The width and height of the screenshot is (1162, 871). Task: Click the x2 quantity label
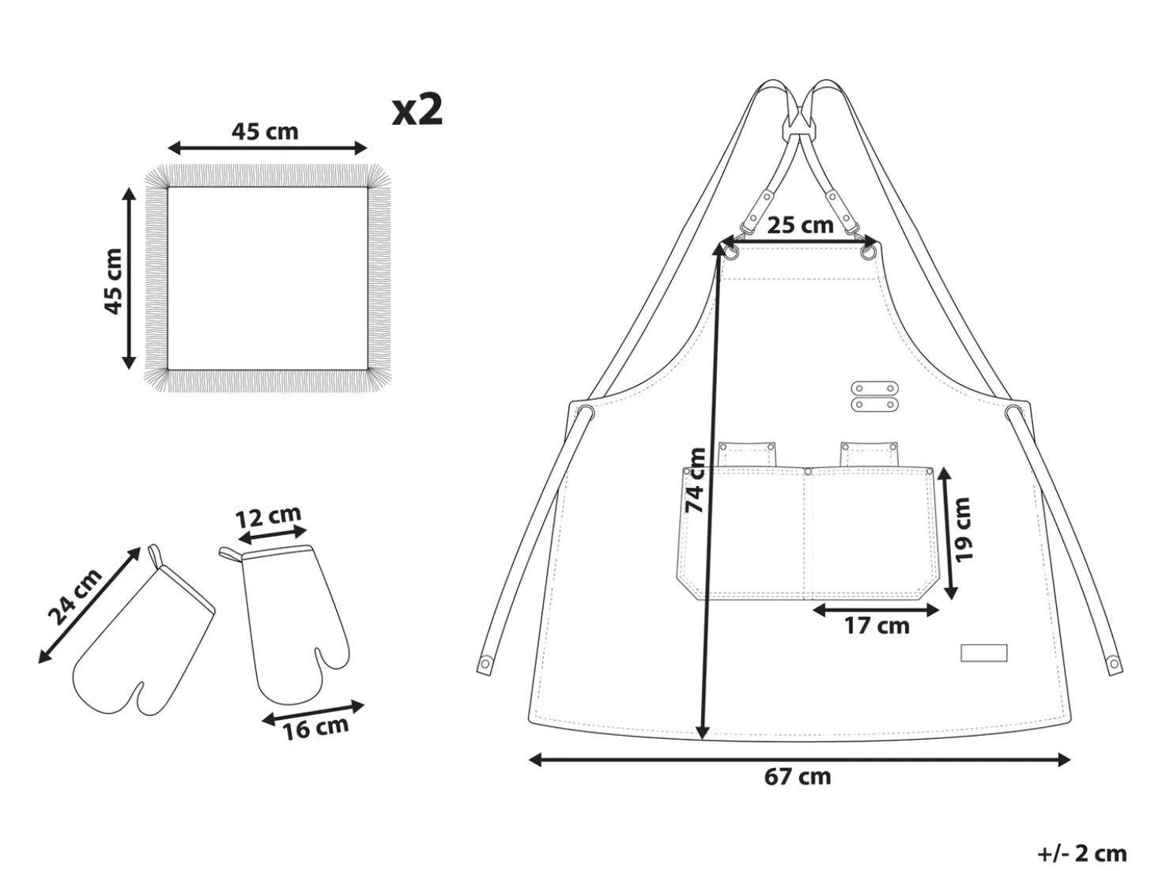pyautogui.click(x=417, y=110)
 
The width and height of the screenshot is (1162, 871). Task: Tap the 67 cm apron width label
pyautogui.click(x=798, y=777)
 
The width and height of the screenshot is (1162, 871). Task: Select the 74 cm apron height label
pyautogui.click(x=695, y=480)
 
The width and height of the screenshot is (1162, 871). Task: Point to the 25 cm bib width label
pyautogui.click(x=800, y=225)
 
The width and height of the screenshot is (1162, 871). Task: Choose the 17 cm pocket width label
pyautogui.click(x=876, y=626)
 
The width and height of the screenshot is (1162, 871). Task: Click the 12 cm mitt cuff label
pyautogui.click(x=268, y=516)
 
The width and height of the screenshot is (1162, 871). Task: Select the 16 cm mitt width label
pyautogui.click(x=315, y=728)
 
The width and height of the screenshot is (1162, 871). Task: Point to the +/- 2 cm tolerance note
pyautogui.click(x=1082, y=854)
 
